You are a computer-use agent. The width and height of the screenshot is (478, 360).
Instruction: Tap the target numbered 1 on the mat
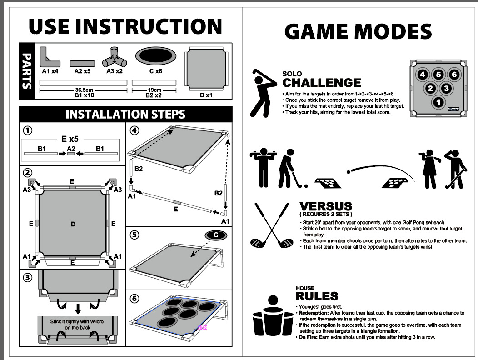pos(438,103)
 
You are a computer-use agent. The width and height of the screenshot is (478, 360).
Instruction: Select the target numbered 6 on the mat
pos(454,75)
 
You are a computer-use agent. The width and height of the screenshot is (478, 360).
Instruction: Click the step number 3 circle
pos(28,278)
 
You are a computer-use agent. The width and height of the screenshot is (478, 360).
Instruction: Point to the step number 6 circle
pos(134,299)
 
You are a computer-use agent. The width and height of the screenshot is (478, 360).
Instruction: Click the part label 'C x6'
pos(156,71)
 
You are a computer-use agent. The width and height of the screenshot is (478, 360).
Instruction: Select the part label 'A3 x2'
pos(115,71)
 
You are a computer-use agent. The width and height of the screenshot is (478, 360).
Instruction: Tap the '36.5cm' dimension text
pos(84,90)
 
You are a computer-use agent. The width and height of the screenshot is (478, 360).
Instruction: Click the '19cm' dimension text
pos(154,90)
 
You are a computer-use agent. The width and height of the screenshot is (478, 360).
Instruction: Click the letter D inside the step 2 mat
pos(73,224)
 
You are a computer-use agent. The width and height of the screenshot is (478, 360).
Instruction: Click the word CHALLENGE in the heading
pos(321,83)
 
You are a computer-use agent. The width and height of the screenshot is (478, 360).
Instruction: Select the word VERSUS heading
pos(325,206)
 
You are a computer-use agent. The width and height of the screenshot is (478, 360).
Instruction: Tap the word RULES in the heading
pos(317,296)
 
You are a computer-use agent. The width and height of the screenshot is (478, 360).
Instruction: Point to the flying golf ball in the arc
pos(349,172)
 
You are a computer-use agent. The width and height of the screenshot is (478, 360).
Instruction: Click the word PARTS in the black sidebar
pos(28,71)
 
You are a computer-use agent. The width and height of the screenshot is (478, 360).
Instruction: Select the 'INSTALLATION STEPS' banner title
pos(125,114)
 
